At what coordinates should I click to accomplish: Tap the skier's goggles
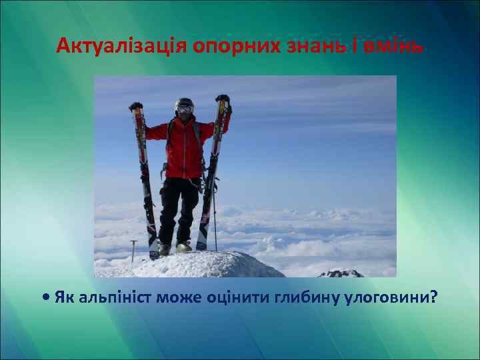185,109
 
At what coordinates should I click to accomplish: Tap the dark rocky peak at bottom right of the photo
341,273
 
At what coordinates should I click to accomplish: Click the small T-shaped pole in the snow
134,249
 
